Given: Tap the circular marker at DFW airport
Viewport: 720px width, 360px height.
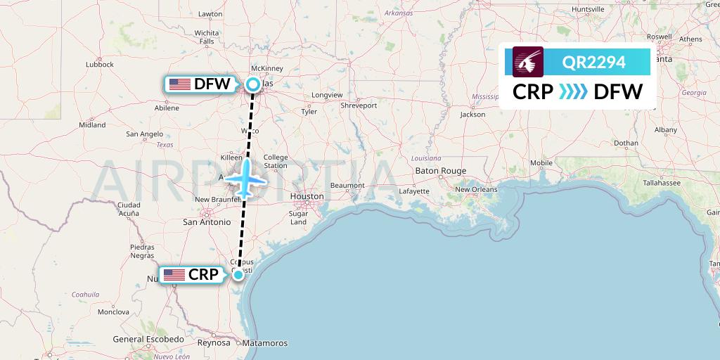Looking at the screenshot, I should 252,85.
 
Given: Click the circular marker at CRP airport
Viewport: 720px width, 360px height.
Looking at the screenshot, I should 238,274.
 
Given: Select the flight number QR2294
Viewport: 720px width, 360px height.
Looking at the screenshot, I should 593,63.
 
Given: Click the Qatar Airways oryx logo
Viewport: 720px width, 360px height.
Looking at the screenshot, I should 529,62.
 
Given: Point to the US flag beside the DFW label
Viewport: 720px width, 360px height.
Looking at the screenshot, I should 180,84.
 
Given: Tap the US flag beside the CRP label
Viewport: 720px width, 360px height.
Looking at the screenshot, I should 174,275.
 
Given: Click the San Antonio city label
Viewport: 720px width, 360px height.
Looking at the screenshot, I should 207,221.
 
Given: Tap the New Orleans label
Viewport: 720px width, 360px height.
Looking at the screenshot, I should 476,189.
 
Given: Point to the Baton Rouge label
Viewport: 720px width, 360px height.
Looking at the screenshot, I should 441,171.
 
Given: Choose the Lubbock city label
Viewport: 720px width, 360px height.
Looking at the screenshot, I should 100,64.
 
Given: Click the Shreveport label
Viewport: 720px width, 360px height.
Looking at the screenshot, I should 359,105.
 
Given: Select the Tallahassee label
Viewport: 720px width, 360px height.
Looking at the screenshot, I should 660,183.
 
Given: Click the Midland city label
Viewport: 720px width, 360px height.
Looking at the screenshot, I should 92,125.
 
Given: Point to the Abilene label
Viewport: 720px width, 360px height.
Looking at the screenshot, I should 167,108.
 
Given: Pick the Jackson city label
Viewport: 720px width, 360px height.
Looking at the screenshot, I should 472,114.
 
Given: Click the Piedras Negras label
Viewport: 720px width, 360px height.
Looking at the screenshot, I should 142,251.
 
